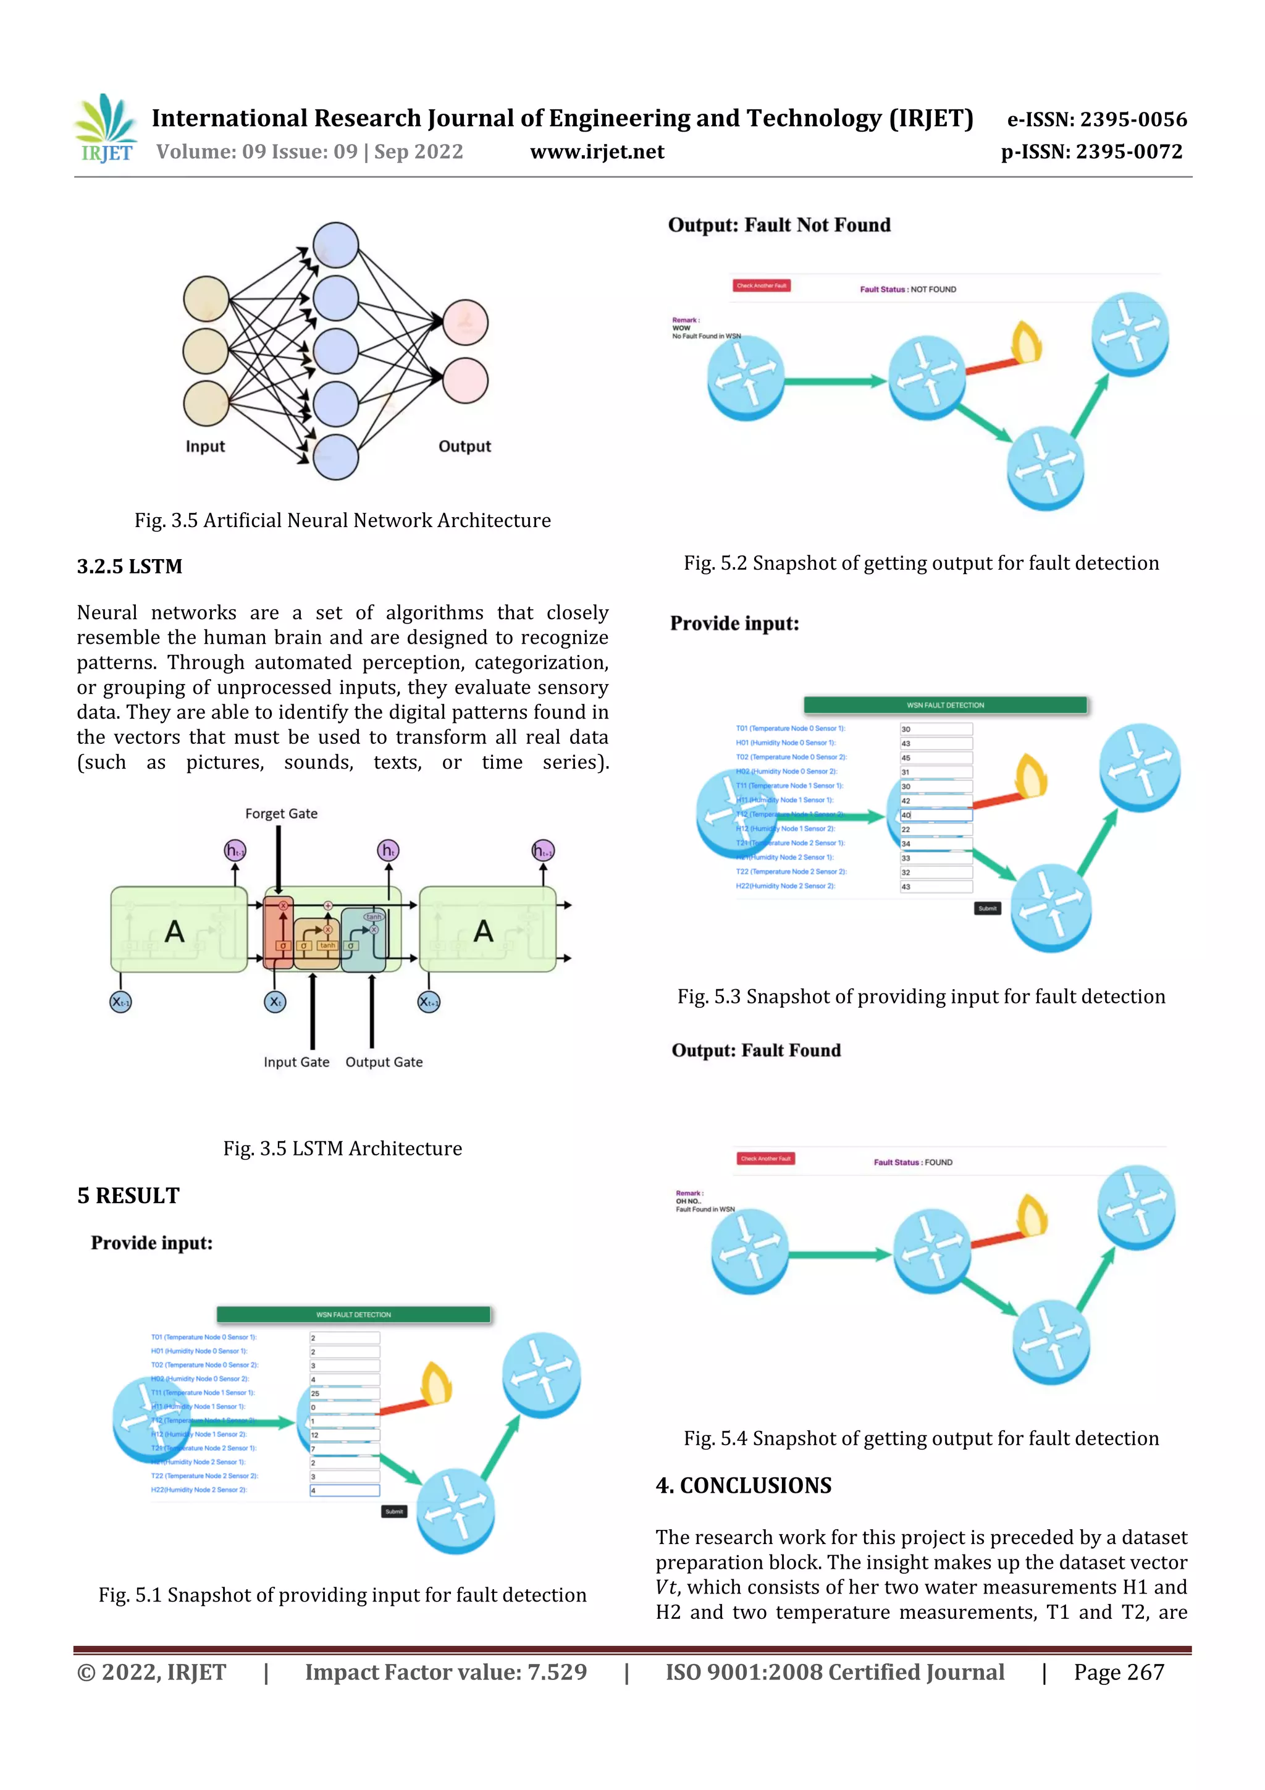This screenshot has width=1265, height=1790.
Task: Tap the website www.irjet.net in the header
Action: tap(597, 152)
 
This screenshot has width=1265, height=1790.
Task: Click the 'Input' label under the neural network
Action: tap(205, 447)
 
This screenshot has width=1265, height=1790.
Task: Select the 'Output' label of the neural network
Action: tap(464, 447)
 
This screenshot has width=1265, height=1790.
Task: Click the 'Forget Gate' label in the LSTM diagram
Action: tap(282, 814)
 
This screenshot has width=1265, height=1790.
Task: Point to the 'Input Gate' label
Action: tap(296, 1062)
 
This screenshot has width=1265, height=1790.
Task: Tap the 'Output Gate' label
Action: tap(384, 1062)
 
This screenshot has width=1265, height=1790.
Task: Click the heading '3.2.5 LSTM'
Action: tap(129, 567)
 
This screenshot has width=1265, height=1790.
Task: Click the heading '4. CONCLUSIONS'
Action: tap(744, 1486)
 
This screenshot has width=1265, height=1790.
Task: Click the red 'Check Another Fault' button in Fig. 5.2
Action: tap(762, 286)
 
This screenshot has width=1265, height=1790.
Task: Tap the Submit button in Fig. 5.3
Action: tap(988, 908)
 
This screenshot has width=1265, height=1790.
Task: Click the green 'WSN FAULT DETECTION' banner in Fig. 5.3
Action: tap(946, 706)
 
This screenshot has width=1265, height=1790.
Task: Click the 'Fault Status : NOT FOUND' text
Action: tap(908, 289)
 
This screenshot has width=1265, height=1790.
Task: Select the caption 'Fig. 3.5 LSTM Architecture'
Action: tap(342, 1149)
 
